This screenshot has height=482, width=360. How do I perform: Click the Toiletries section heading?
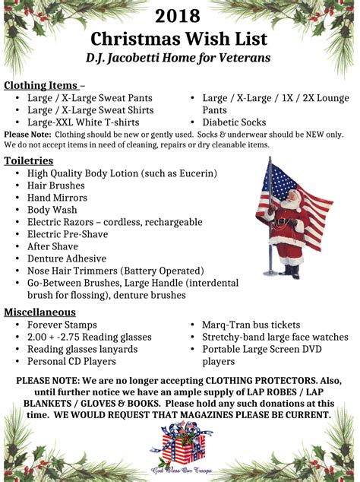tap(28, 160)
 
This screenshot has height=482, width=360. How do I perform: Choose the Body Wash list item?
tap(52, 210)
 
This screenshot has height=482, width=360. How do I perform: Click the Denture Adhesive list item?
tap(67, 258)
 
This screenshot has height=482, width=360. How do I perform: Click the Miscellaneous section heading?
tap(39, 312)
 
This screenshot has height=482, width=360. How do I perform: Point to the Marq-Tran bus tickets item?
tap(251, 325)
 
